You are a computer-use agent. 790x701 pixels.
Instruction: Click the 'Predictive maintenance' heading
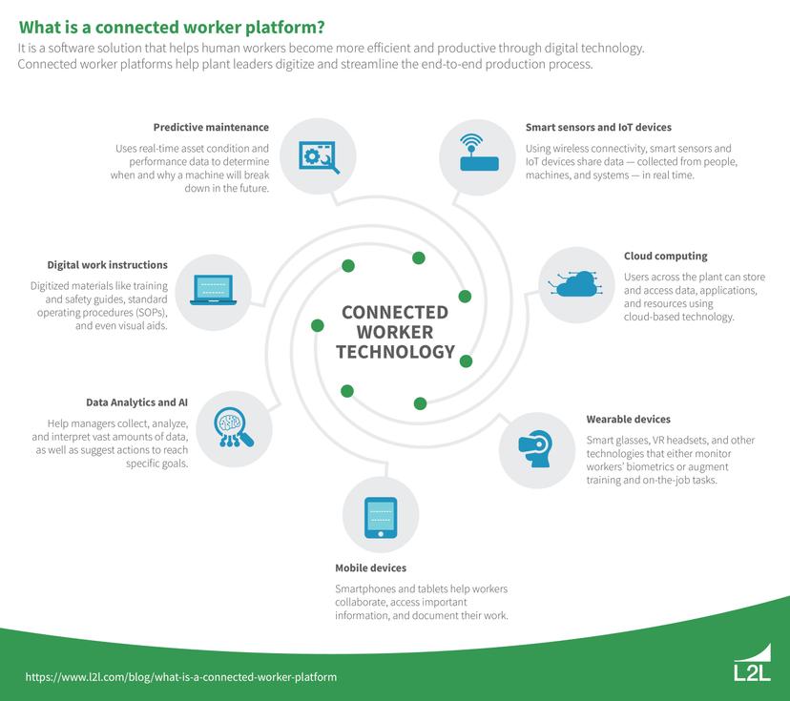(x=211, y=127)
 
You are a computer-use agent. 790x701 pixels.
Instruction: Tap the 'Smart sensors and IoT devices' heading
(x=598, y=127)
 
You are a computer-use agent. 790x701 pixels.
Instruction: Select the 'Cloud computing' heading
(x=665, y=256)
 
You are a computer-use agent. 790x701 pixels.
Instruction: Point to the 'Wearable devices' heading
(x=628, y=419)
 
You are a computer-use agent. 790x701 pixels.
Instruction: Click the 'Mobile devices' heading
(x=369, y=567)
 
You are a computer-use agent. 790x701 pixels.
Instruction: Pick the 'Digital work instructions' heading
(x=108, y=264)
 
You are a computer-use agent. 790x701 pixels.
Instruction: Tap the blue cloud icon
(x=575, y=283)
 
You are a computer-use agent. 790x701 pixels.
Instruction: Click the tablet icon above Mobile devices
(x=380, y=519)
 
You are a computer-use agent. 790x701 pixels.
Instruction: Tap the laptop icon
(x=214, y=290)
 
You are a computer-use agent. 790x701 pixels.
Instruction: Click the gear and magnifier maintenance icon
(x=320, y=155)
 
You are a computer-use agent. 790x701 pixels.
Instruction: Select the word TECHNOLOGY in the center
(x=395, y=352)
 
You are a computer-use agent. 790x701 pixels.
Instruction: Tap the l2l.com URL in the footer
(x=181, y=676)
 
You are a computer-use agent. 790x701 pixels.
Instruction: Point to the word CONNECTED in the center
(x=394, y=312)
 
